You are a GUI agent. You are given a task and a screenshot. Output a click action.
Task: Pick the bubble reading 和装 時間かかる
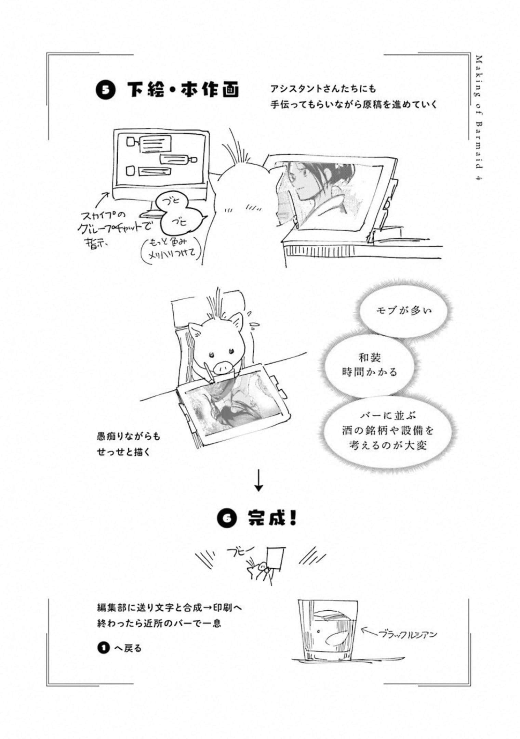click(x=370, y=365)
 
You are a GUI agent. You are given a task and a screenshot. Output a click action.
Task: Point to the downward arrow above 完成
click(x=259, y=481)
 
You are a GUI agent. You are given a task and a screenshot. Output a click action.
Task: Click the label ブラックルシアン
click(x=408, y=635)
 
